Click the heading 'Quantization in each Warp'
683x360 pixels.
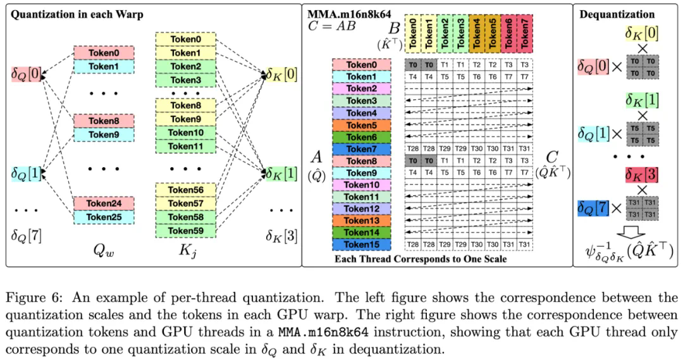(x=76, y=14)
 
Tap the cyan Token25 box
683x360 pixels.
(x=104, y=217)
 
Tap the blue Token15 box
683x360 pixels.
(x=362, y=244)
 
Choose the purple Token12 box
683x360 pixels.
(x=362, y=208)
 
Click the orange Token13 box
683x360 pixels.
(x=362, y=220)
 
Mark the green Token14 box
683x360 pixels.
(x=362, y=232)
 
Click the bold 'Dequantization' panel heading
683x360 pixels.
(x=626, y=14)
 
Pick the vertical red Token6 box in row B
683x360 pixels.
(x=505, y=34)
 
